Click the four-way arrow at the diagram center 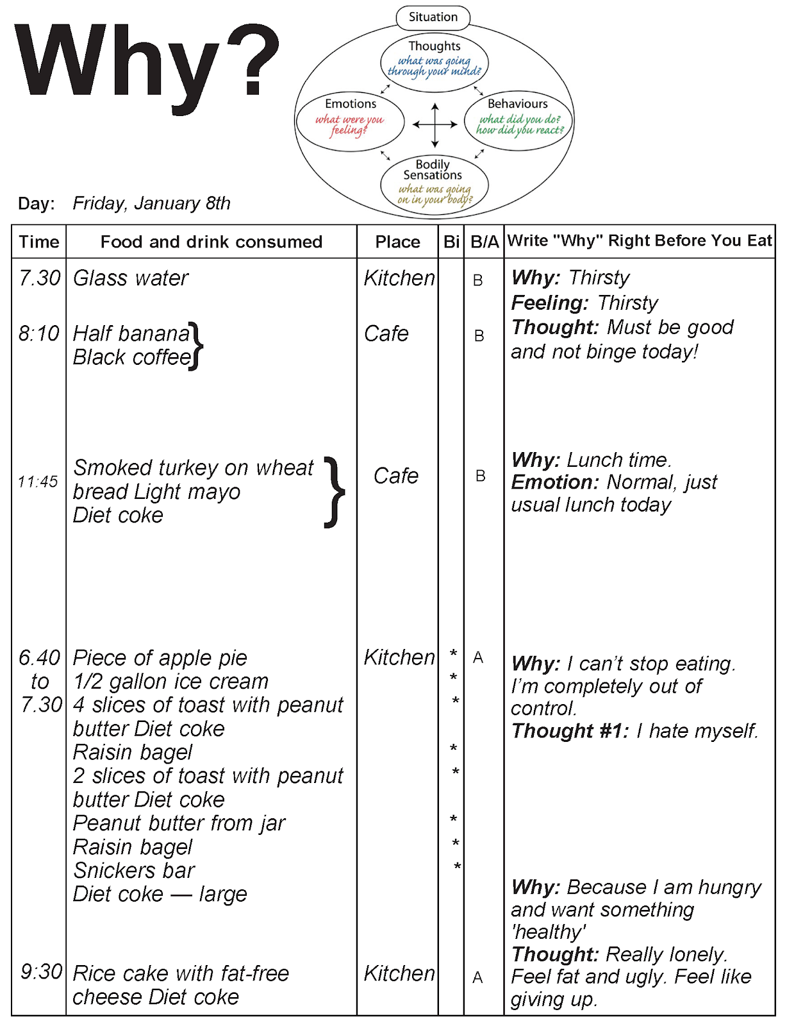[435, 125]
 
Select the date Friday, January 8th [151, 203]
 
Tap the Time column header [39, 242]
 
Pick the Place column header [397, 242]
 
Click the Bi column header [452, 242]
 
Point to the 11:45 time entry [38, 482]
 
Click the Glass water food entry [131, 278]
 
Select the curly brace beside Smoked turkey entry [335, 492]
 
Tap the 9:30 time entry [42, 971]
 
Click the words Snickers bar [134, 870]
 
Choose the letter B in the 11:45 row [480, 476]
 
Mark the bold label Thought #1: [570, 731]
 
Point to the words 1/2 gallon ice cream [171, 681]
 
